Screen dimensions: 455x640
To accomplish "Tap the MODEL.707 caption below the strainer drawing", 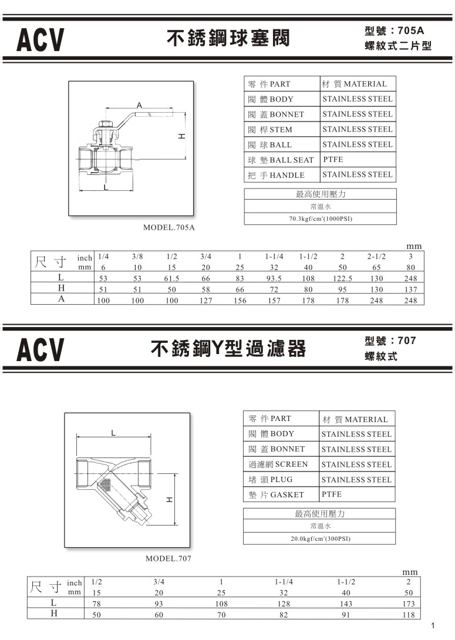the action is tap(168, 558).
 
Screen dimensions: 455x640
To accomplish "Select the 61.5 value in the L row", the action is tap(171, 278).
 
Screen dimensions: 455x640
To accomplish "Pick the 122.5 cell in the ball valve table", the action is tap(342, 278).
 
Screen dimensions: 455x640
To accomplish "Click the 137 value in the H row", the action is tap(411, 289).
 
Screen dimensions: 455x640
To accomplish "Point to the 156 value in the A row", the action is tap(240, 301).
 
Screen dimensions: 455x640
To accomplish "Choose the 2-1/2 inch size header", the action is tap(376, 257).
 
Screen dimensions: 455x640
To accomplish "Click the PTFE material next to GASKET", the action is tap(332, 494).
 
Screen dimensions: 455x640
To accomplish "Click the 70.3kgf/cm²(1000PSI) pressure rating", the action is tap(321, 219).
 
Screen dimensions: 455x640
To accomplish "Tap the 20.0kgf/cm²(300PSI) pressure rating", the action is tap(320, 538).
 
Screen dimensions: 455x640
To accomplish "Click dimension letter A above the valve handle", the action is tap(139, 105).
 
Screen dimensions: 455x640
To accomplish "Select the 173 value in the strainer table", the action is tap(409, 604).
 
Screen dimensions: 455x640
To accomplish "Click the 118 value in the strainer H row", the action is tap(409, 615).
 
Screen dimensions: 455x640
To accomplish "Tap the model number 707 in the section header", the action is tap(406, 341).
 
